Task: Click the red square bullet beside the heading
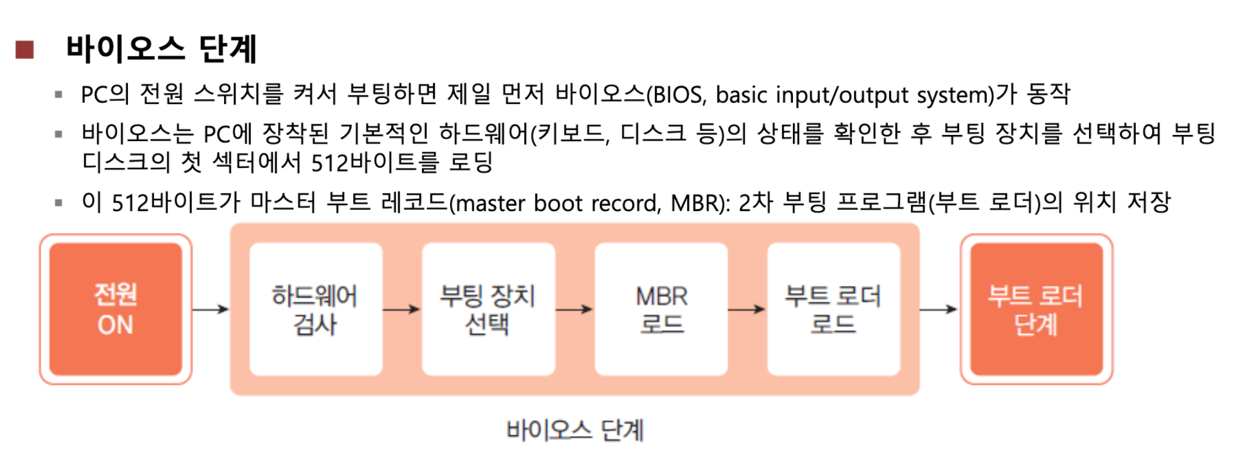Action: (x=24, y=49)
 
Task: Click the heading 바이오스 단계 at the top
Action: (x=161, y=49)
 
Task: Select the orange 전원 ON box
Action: (x=116, y=309)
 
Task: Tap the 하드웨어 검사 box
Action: (x=315, y=309)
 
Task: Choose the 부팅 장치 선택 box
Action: (x=488, y=309)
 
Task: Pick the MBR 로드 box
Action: (x=661, y=309)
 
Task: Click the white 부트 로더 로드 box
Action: (x=833, y=309)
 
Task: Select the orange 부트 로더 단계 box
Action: (x=1036, y=309)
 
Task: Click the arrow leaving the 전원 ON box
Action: (x=211, y=309)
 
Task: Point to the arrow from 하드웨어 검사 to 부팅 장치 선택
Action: (x=402, y=309)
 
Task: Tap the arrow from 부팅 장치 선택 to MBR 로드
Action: (x=574, y=309)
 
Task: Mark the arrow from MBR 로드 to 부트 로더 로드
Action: (x=747, y=309)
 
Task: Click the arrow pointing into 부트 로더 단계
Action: (x=939, y=309)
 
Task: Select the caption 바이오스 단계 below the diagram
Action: (x=574, y=430)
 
